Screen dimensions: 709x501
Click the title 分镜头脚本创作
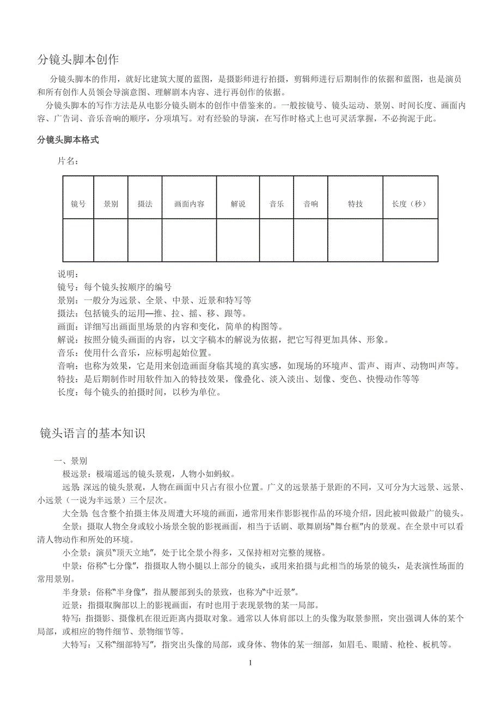click(78, 59)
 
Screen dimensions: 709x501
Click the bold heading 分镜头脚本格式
click(68, 140)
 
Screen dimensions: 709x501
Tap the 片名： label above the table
click(68, 161)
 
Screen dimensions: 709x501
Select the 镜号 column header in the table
click(78, 204)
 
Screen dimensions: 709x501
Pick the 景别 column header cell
click(111, 204)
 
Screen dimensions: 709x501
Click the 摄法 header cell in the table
click(145, 204)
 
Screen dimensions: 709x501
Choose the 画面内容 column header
click(189, 204)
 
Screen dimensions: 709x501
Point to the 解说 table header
click(238, 204)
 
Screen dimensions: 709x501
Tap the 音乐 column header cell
click(277, 204)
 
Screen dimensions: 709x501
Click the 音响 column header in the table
click(311, 204)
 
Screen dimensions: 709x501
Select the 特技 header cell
click(355, 204)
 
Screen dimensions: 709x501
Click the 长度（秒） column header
click(410, 204)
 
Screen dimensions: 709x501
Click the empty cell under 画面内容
click(189, 240)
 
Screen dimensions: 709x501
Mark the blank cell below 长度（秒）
click(410, 240)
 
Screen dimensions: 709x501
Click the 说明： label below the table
click(68, 273)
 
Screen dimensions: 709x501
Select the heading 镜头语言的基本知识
click(93, 433)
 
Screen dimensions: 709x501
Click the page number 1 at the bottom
click(250, 663)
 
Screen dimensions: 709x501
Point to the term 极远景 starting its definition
click(75, 474)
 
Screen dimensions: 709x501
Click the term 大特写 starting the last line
click(75, 645)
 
